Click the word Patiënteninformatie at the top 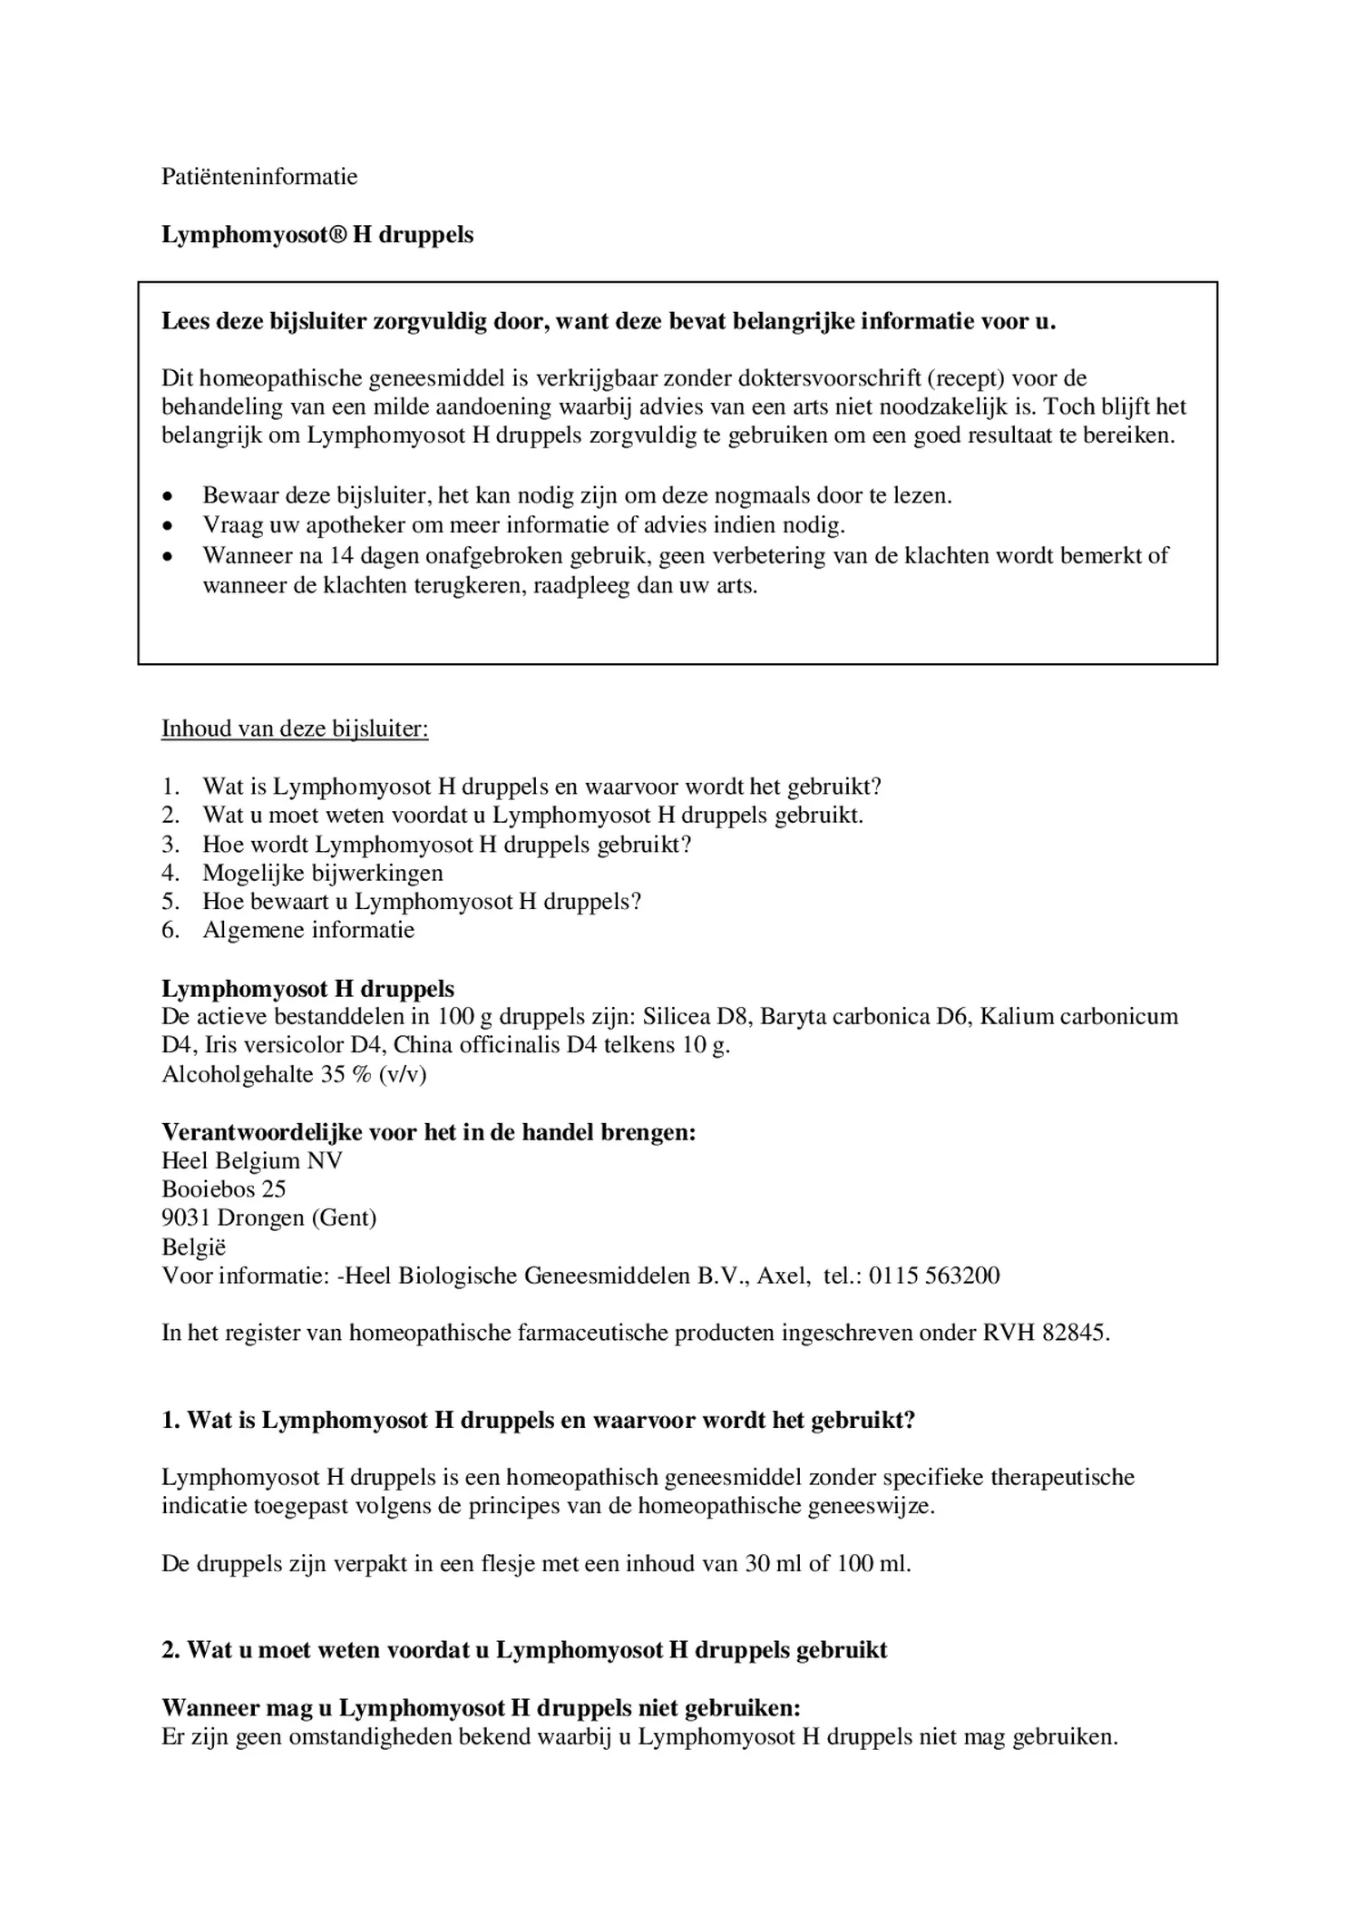(259, 177)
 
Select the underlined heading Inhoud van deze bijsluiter (295, 729)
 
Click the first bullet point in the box (167, 497)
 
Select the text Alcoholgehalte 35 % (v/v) (294, 1075)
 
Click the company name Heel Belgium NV (252, 1161)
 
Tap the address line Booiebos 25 (224, 1189)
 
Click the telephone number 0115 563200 (934, 1276)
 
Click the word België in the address (194, 1247)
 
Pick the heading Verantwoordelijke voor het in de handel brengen (428, 1132)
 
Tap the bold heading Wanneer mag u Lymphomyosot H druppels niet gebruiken (481, 1709)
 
